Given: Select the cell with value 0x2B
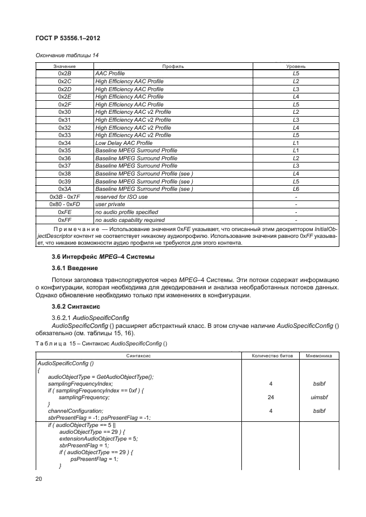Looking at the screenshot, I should (x=64, y=74).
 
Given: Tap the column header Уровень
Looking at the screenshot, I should (x=295, y=66).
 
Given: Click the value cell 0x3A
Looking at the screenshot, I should (x=64, y=189).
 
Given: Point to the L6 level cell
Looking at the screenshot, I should (x=295, y=189).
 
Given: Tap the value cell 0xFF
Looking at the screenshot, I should (x=64, y=220).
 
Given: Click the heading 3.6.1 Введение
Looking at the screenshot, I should (x=75, y=267).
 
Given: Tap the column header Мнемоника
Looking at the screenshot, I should (x=318, y=355).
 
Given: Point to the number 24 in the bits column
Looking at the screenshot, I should (x=271, y=398).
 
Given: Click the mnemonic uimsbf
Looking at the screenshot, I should (x=318, y=398).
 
